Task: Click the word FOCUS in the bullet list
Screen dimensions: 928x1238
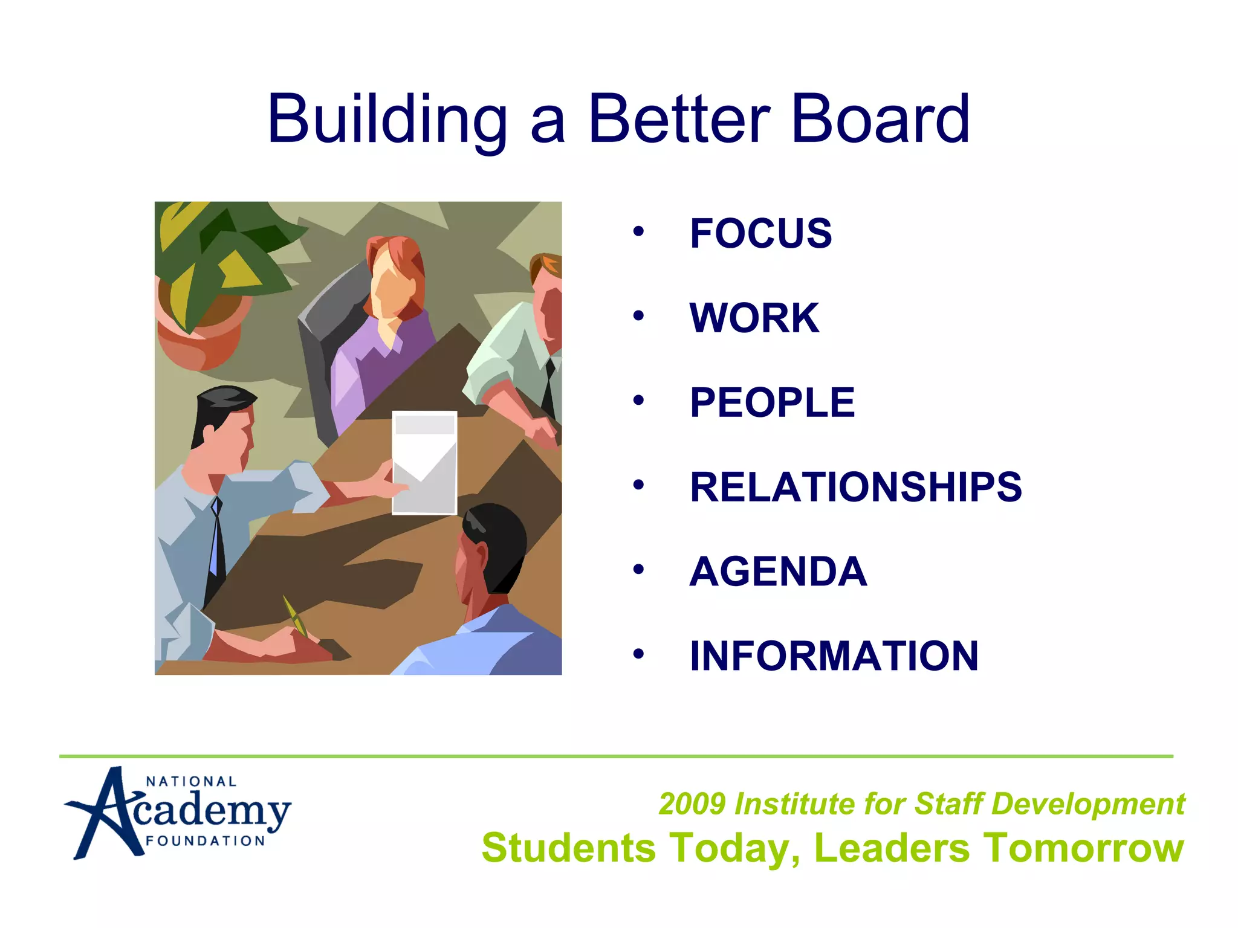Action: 760,233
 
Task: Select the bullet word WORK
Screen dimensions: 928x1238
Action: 754,318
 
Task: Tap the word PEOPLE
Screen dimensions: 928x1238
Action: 772,402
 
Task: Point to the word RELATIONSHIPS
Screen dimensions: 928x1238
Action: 855,487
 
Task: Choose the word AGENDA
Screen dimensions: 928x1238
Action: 778,572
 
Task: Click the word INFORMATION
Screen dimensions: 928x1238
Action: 834,656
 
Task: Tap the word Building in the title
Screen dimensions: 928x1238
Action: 387,121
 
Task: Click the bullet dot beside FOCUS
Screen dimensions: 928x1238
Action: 638,231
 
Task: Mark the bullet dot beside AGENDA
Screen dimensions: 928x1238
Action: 638,570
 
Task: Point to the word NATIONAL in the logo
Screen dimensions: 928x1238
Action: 191,782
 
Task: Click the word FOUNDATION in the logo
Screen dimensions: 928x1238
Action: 206,841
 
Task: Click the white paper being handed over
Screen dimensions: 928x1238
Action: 424,462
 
